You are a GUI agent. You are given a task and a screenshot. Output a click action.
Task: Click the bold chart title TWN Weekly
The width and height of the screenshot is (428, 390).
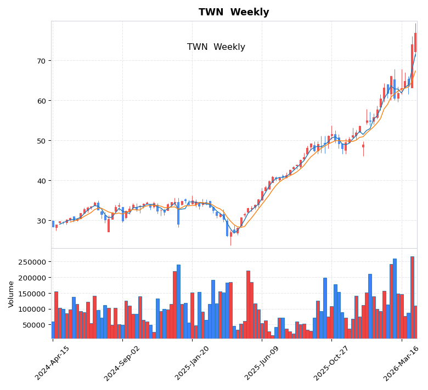click(x=234, y=13)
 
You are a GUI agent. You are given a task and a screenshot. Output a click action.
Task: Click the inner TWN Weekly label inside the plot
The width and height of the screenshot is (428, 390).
click(x=216, y=47)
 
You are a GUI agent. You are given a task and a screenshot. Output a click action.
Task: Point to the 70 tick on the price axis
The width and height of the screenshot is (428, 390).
click(x=41, y=61)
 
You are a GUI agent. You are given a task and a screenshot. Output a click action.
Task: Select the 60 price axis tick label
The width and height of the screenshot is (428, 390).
click(x=41, y=101)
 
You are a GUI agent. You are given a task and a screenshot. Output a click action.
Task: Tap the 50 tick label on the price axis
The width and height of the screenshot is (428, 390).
click(x=41, y=141)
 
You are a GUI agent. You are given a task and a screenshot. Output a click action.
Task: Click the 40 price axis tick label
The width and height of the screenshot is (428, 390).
click(x=41, y=181)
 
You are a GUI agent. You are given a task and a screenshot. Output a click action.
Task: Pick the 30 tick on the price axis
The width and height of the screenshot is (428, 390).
click(x=41, y=221)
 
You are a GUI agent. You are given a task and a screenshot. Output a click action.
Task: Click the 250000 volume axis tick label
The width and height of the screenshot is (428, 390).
click(x=32, y=262)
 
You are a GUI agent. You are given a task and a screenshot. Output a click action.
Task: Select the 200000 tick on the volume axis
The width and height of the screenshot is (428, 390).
click(x=32, y=278)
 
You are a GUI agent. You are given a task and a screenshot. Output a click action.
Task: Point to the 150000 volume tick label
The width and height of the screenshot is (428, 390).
click(x=32, y=294)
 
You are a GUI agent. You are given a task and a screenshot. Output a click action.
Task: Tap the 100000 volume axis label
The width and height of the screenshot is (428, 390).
click(x=32, y=309)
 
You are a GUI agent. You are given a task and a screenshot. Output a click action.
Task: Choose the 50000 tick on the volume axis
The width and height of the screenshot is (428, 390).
click(x=35, y=325)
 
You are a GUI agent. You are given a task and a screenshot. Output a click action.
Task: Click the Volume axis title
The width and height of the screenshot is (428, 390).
click(x=11, y=294)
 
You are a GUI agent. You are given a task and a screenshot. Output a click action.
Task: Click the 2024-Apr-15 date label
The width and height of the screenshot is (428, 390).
click(x=53, y=363)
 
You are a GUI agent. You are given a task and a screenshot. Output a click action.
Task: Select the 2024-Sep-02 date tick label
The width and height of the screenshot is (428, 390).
click(x=122, y=363)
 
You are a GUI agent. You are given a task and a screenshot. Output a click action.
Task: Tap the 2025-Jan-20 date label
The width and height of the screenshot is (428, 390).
click(x=192, y=363)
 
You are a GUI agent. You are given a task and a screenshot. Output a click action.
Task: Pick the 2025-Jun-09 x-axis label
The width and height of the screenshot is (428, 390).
click(x=262, y=363)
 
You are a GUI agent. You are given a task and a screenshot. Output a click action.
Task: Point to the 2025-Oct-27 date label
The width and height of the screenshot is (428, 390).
click(x=331, y=363)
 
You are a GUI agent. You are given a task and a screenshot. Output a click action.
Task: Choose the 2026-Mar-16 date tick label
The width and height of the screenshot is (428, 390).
click(x=401, y=363)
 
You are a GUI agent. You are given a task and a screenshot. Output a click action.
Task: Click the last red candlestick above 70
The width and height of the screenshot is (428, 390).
click(x=415, y=43)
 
